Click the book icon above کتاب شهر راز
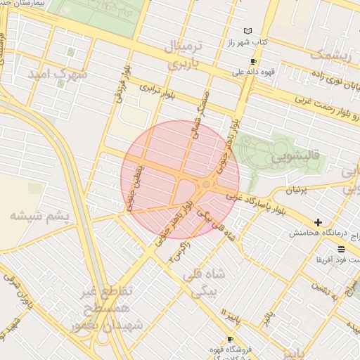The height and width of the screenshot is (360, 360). tap(247, 31)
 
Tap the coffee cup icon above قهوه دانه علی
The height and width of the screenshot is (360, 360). tap(253, 61)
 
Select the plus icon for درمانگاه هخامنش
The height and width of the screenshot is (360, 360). tap(319, 222)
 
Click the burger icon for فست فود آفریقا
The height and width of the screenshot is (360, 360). tap(341, 249)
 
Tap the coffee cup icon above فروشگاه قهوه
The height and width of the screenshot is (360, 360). tap(230, 339)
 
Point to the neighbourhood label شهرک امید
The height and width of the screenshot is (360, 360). tap(58, 73)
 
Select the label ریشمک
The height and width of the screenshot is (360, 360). tap(328, 55)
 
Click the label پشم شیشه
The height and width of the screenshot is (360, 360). tap(44, 216)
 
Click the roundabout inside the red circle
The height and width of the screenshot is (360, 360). tap(206, 184)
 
